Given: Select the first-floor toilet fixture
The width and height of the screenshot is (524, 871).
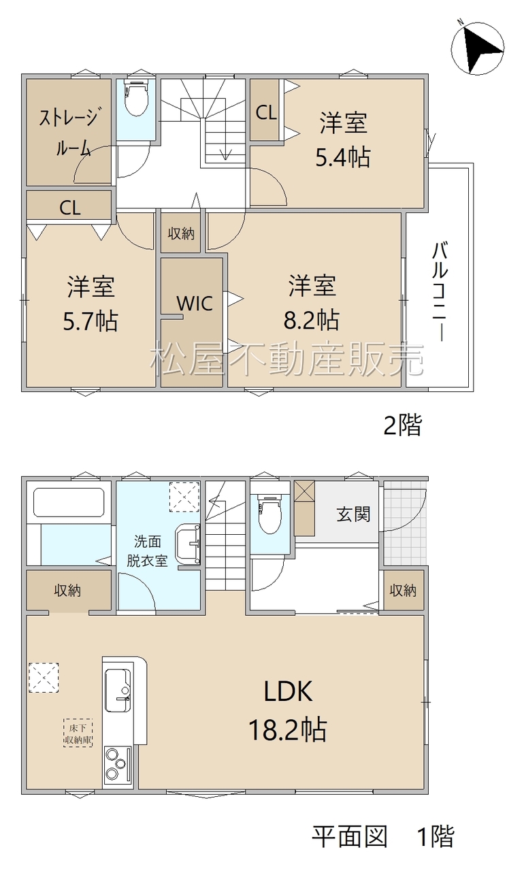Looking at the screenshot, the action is coord(269,514).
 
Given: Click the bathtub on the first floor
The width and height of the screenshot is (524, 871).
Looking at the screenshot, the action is coord(69,502).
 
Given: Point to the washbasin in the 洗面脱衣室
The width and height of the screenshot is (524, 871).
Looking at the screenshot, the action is coord(187,544).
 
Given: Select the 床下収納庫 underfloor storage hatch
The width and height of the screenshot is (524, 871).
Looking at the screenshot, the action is coord(78,733).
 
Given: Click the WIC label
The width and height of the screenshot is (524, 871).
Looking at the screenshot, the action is coord(195,303).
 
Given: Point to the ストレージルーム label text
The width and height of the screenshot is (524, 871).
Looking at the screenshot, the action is coord(69,132).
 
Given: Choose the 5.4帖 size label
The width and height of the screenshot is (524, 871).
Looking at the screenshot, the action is coord(342,157).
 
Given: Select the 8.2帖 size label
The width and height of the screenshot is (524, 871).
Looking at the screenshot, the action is coord(312,320).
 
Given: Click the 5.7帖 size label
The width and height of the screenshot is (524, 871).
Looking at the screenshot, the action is coord(91,321).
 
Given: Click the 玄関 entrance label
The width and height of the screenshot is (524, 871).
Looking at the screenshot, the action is coord(353,514).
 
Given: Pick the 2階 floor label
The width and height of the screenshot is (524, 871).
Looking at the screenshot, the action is coord(402,425).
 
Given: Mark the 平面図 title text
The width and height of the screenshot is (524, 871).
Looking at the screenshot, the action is coord(350,837).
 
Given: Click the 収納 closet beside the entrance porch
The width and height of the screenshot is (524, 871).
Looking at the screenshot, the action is coord(403,590).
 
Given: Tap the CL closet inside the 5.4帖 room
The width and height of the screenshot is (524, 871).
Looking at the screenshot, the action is coord(266,110).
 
